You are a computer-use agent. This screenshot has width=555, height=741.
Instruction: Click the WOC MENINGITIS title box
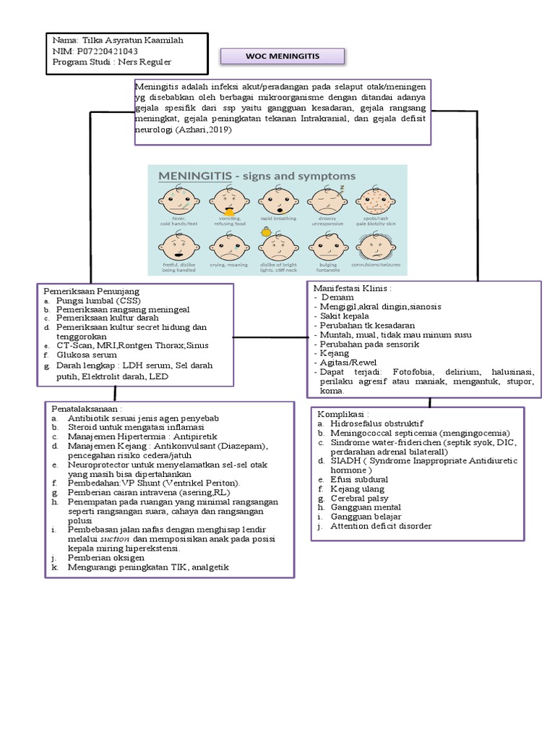pos(282,56)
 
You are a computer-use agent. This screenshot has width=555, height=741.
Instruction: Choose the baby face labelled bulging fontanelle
pos(327,248)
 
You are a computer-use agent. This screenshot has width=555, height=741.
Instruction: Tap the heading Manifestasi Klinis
pos(352,287)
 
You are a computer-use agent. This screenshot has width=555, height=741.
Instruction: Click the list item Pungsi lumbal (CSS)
pos(98,300)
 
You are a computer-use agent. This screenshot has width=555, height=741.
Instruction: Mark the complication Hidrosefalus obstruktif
pos(377,423)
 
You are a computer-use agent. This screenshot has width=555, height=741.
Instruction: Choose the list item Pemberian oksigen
pos(106,558)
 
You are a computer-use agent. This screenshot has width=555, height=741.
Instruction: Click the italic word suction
pos(115,540)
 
